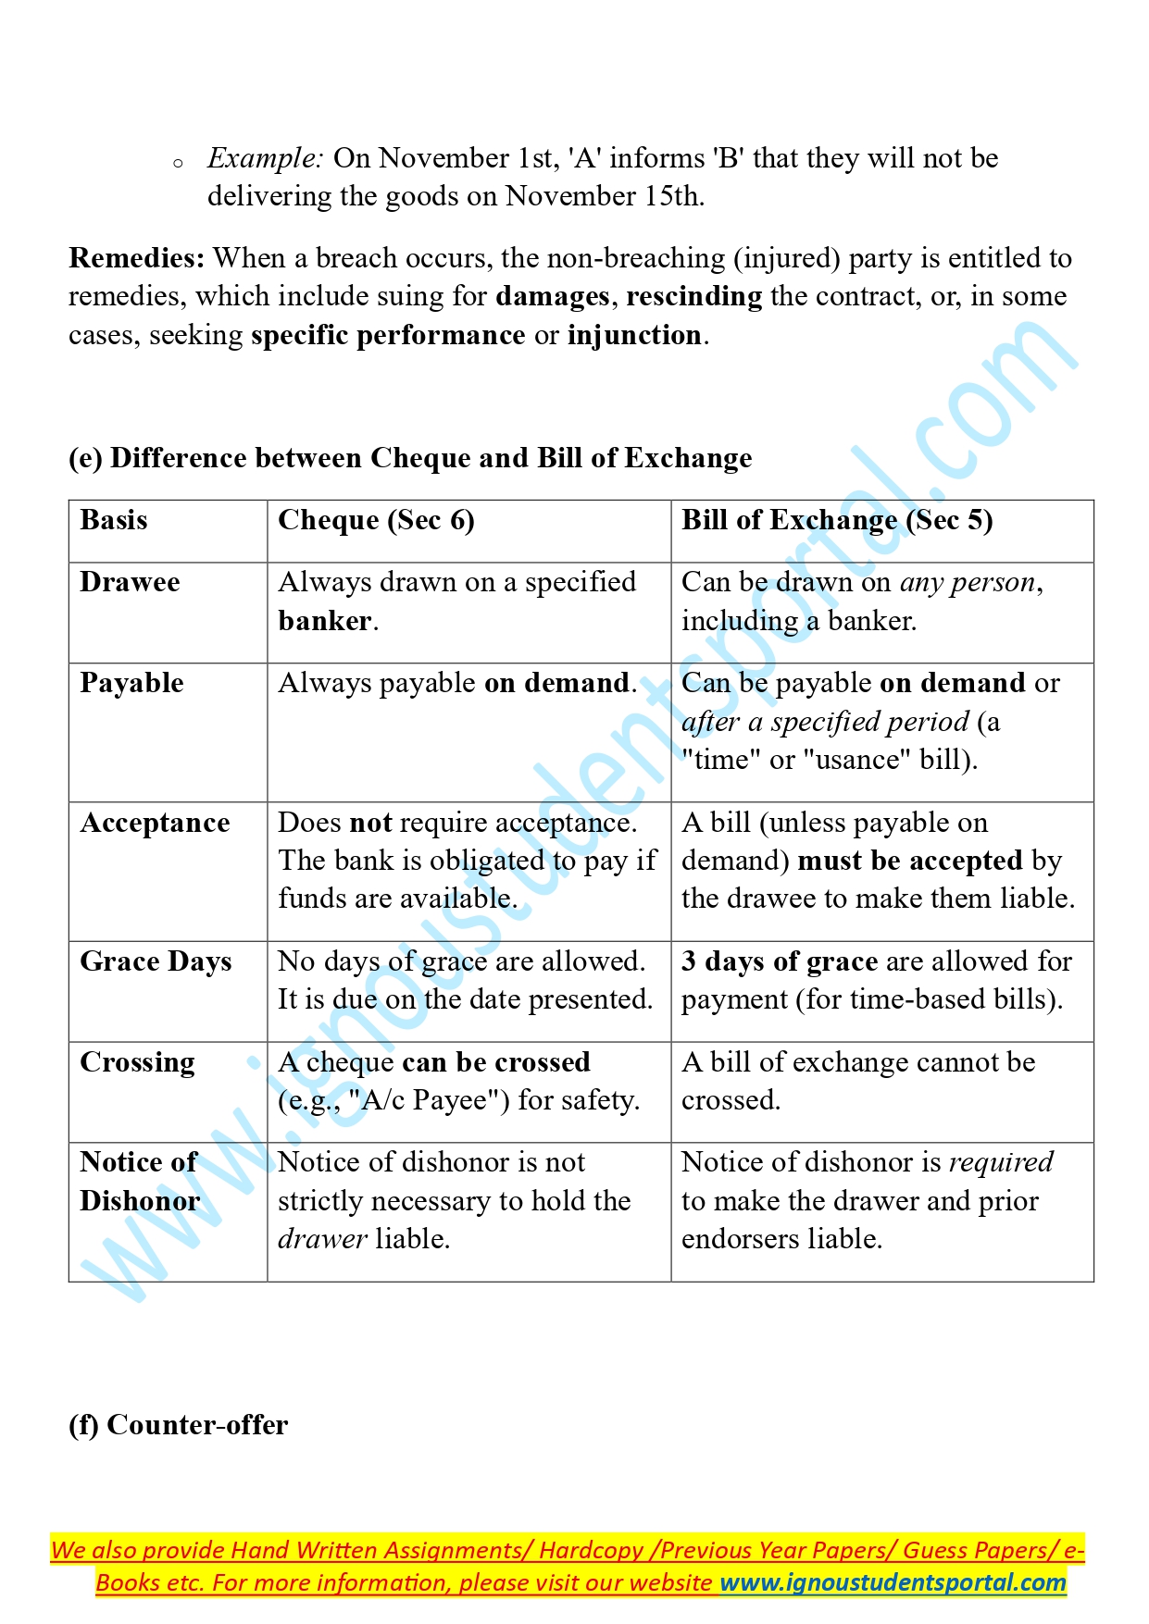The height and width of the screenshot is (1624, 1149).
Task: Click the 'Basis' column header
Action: tap(114, 520)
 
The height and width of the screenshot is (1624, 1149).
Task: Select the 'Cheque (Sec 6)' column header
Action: tap(376, 520)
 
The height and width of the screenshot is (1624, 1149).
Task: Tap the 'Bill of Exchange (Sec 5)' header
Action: tap(837, 520)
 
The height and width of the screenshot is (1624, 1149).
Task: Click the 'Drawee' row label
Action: tap(130, 582)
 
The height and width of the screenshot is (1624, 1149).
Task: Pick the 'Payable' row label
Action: tap(131, 683)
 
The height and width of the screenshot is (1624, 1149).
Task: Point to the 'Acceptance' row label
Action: tap(155, 823)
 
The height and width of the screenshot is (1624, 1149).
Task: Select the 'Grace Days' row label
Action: tap(156, 961)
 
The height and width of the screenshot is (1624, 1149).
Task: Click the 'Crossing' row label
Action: tap(137, 1062)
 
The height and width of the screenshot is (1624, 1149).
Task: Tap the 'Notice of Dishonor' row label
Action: tap(140, 1182)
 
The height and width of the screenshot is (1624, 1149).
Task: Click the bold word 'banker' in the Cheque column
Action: tap(325, 621)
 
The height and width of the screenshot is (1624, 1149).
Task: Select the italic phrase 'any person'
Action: tap(968, 582)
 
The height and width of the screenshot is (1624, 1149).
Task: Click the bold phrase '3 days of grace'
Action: tap(780, 961)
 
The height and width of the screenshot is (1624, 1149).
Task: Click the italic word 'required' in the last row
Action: tap(1001, 1162)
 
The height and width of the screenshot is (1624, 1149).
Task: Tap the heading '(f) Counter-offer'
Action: tap(179, 1425)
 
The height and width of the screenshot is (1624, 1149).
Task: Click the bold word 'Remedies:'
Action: tap(136, 258)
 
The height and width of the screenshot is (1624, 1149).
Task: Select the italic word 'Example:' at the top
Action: tap(265, 158)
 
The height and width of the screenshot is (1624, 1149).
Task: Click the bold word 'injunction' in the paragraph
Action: tap(634, 335)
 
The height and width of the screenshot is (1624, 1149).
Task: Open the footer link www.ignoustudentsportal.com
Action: tap(893, 1582)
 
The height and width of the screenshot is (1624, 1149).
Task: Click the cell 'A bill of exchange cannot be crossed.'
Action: tap(857, 1081)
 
